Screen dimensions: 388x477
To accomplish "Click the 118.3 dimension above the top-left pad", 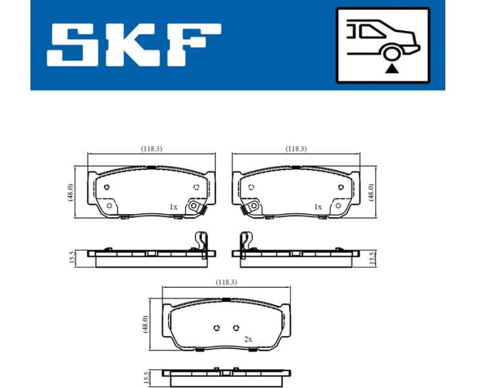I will point(151,148).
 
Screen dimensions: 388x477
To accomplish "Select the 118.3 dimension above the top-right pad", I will point(296,148).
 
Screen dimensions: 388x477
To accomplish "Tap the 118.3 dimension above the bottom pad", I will point(226,282).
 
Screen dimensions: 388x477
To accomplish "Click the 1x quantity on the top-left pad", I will point(173,207).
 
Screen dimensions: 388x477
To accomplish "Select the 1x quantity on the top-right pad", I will point(317,207).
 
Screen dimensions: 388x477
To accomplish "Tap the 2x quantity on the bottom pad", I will point(248,339).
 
